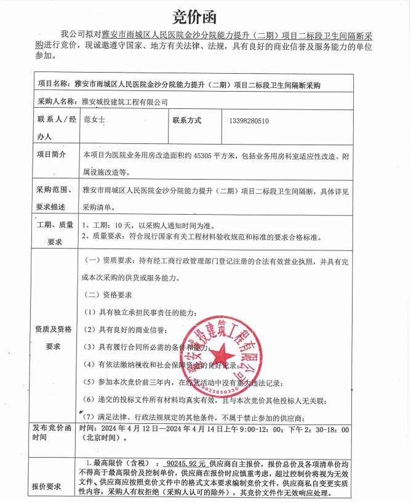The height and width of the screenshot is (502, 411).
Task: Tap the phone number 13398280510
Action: [249, 121]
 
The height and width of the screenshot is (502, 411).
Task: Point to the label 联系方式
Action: [187, 121]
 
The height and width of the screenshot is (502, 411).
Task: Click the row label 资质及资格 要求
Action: [54, 337]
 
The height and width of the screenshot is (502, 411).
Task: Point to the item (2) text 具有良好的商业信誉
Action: [135, 330]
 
